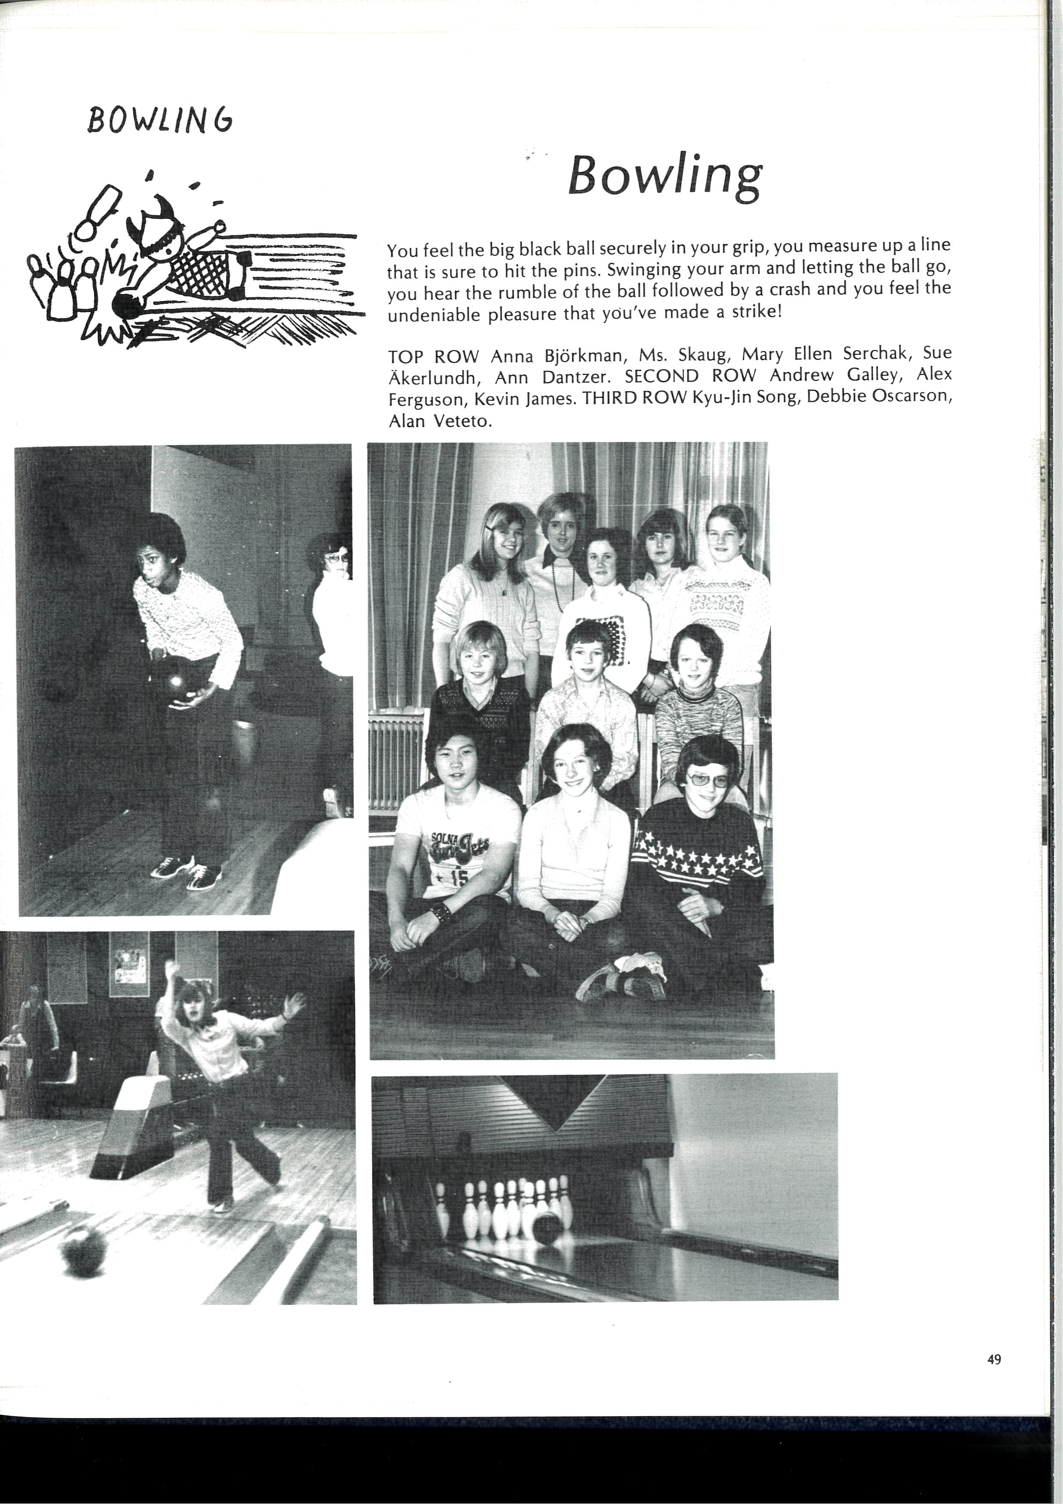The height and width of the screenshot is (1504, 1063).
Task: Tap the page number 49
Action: pos(994,1359)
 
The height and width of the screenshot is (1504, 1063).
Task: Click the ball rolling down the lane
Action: pos(83,1249)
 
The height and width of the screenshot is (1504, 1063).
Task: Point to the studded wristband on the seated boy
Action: pos(441,912)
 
